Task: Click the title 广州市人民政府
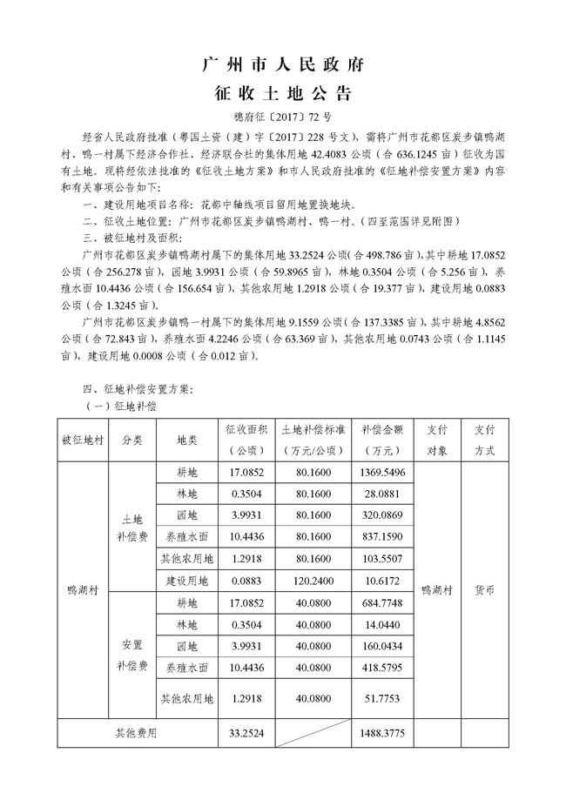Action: pyautogui.click(x=282, y=65)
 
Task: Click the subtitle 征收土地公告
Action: pyautogui.click(x=282, y=93)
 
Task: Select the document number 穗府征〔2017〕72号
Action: pyautogui.click(x=282, y=117)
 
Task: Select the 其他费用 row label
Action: pyautogui.click(x=136, y=733)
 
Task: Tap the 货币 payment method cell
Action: pyautogui.click(x=485, y=589)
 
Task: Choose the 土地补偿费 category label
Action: pyautogui.click(x=132, y=527)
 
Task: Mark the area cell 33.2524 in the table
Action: pyautogui.click(x=246, y=733)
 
